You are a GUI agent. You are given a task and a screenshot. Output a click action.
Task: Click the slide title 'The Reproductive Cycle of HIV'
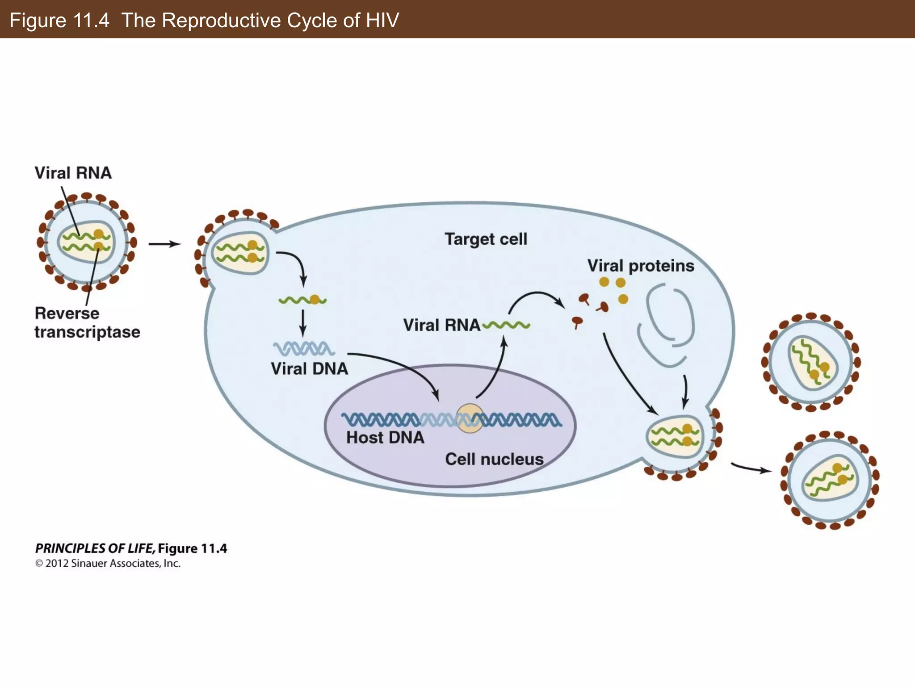(260, 21)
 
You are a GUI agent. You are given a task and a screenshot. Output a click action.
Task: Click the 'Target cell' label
(486, 239)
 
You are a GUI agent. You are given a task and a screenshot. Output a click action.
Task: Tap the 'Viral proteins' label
(640, 266)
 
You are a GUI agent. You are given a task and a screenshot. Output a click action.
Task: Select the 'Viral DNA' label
(309, 369)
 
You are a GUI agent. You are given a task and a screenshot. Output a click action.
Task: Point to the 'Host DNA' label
(385, 437)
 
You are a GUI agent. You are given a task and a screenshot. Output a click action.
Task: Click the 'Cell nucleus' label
(494, 459)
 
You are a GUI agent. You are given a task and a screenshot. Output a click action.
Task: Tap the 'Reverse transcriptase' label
(87, 322)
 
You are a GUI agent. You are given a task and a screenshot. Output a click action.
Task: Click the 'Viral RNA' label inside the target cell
(441, 325)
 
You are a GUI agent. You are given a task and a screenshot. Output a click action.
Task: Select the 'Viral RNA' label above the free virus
(73, 173)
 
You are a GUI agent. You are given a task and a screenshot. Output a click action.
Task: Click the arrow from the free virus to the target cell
(164, 244)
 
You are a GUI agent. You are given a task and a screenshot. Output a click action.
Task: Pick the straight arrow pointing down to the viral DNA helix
(303, 322)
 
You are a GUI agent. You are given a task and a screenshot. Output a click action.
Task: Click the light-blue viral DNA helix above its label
(303, 348)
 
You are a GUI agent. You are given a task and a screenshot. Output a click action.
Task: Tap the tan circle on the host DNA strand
(470, 418)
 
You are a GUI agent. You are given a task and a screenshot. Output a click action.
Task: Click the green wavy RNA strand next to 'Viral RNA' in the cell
(507, 325)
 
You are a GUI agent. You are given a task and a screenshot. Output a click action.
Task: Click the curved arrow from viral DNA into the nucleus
(402, 364)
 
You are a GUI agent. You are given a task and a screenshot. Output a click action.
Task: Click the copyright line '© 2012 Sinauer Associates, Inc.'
(108, 564)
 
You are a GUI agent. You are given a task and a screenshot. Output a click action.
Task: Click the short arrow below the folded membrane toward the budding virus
(685, 391)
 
